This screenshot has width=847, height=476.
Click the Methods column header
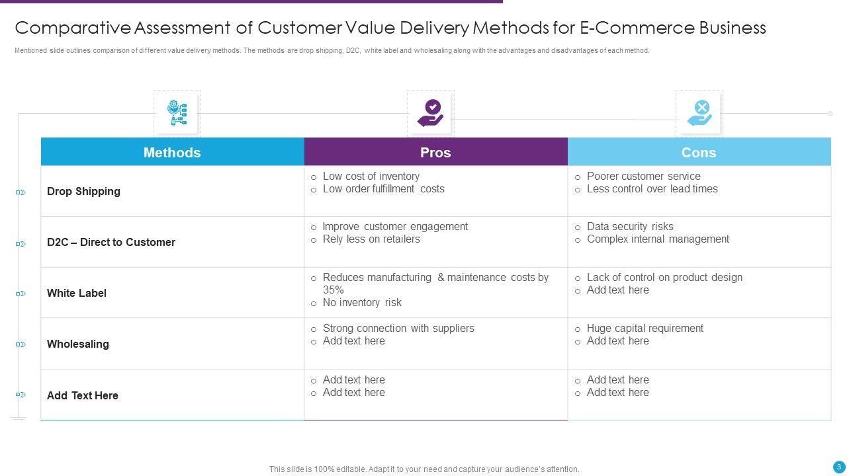click(172, 153)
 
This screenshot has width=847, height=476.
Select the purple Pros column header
click(435, 153)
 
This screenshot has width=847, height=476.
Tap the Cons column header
click(699, 153)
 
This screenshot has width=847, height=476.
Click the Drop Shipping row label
click(83, 192)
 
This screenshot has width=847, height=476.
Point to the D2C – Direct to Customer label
click(111, 243)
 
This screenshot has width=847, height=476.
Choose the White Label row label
click(77, 294)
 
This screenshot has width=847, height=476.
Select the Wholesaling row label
click(78, 344)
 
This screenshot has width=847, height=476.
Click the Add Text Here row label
click(83, 396)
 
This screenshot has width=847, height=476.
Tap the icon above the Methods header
click(177, 114)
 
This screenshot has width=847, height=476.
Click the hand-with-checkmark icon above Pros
click(431, 114)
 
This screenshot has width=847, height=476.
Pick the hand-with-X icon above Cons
click(699, 114)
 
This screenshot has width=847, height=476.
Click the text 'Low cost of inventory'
click(371, 177)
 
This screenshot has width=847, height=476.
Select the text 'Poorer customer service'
click(643, 177)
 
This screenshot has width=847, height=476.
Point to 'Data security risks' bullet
click(630, 227)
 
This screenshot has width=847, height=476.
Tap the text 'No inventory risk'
click(362, 303)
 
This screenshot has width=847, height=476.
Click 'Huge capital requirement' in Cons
click(645, 329)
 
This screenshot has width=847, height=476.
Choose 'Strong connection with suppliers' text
click(398, 329)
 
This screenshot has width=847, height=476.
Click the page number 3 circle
click(839, 467)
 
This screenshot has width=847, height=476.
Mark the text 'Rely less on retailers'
click(371, 239)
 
